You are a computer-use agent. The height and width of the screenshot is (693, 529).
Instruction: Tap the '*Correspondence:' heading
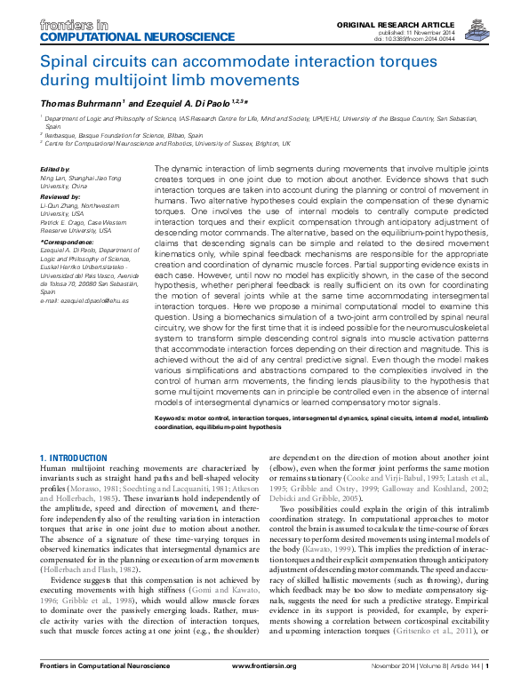pyautogui.click(x=67, y=243)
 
